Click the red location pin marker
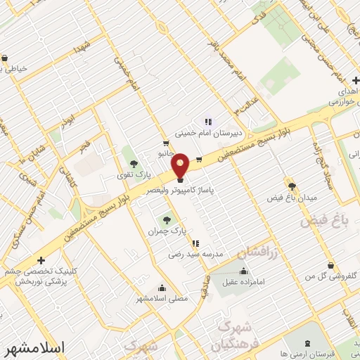tap(181, 166)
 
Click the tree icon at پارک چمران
tap(167, 218)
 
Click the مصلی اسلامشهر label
tap(162, 299)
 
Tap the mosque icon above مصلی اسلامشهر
tap(162, 287)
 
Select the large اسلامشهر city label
tap(33, 347)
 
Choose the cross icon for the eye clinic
tap(41, 260)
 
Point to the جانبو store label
tap(165, 153)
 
